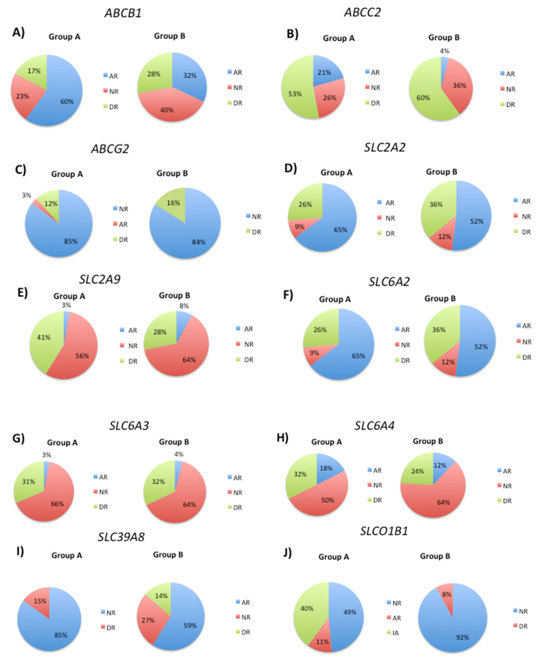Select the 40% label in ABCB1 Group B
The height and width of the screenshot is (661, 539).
pos(167,110)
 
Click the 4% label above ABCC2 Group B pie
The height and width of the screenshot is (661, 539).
pos(444,51)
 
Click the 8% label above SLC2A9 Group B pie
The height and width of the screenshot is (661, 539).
pos(184,306)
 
